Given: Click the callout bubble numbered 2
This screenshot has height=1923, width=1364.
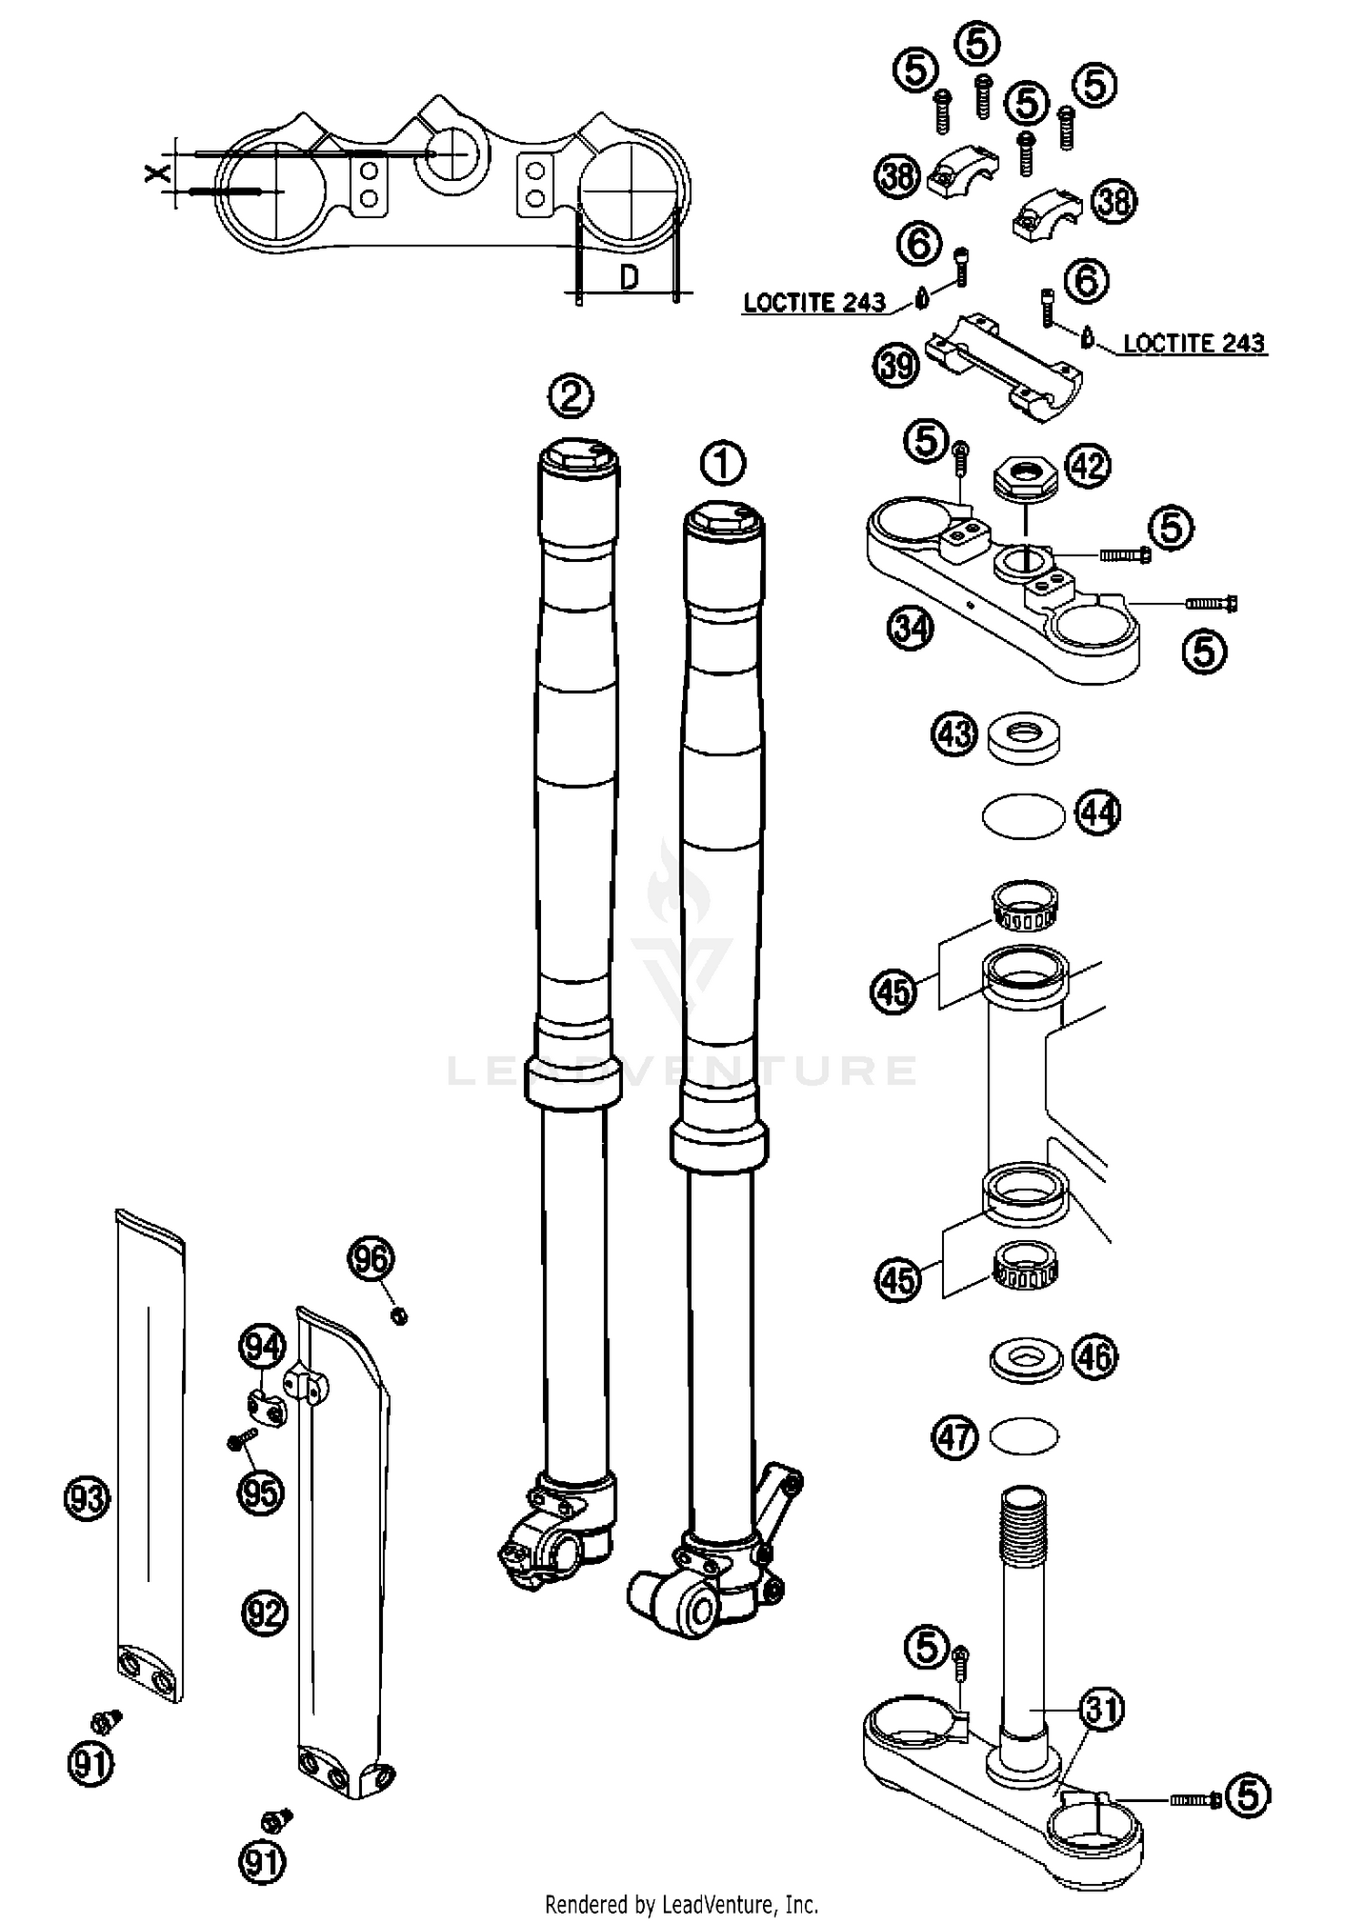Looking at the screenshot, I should click(571, 396).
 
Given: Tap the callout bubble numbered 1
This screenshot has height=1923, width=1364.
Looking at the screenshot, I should click(723, 464).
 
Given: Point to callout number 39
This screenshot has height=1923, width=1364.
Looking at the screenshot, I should click(896, 366).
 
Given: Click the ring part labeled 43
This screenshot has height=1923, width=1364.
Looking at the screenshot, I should click(1024, 736).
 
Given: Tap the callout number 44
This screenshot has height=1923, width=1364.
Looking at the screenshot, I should click(1098, 812).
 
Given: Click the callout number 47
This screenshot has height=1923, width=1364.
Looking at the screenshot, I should click(955, 1437).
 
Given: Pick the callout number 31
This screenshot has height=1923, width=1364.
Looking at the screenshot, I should click(1101, 1709).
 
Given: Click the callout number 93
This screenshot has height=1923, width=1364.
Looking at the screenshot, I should click(87, 1497).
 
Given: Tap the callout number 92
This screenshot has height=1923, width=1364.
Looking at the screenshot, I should click(265, 1613).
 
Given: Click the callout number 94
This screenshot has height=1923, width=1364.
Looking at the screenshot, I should click(262, 1347).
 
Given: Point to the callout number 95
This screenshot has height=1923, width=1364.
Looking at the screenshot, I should click(261, 1492).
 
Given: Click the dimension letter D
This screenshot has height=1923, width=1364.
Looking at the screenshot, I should click(627, 277).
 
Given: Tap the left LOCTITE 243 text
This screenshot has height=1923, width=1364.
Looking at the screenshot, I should click(814, 303).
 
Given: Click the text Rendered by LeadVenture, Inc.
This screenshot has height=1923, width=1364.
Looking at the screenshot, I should click(681, 1903).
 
